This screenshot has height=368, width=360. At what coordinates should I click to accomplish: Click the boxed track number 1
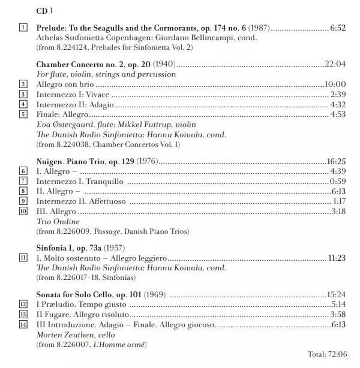tap(23, 28)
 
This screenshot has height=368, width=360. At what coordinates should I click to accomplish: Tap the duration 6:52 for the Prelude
tap(338, 28)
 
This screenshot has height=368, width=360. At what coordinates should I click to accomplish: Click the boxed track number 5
tap(23, 114)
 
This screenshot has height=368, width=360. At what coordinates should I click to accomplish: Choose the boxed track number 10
tap(23, 211)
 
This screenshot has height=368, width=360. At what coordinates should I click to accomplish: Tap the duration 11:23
tap(336, 258)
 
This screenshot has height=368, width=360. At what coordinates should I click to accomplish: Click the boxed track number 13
tap(23, 315)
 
